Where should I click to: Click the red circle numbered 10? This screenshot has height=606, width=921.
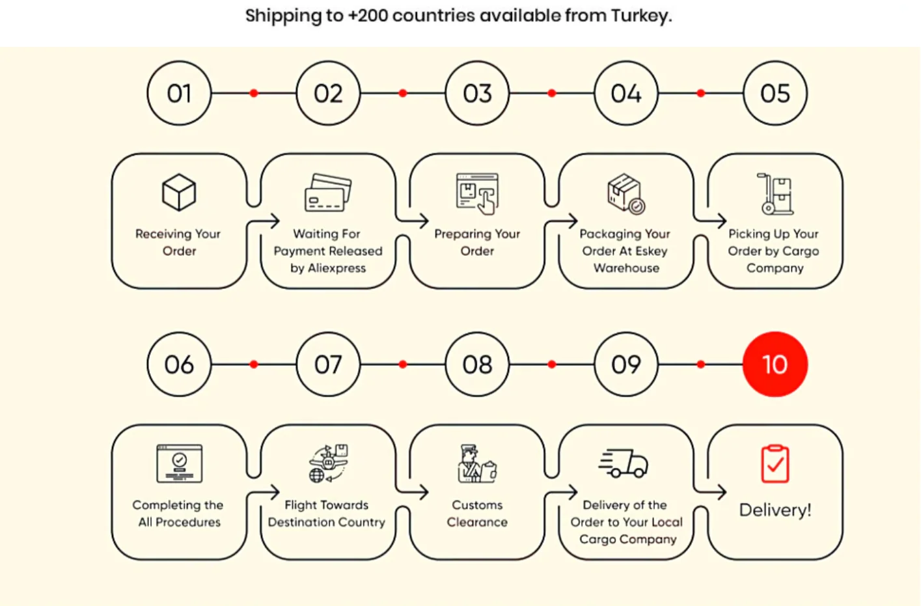click(x=775, y=365)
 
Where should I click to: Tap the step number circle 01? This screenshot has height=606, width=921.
click(x=179, y=94)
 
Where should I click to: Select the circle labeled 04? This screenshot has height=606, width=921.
click(x=626, y=94)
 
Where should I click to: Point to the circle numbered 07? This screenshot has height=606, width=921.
click(x=328, y=365)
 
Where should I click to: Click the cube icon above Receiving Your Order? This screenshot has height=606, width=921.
click(x=179, y=193)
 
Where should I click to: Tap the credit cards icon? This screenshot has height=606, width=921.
click(x=328, y=193)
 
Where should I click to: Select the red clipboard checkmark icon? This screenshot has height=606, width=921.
click(x=775, y=464)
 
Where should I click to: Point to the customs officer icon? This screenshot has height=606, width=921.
click(x=477, y=463)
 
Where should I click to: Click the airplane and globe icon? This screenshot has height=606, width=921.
click(x=328, y=463)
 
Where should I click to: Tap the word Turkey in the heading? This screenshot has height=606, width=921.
click(x=639, y=16)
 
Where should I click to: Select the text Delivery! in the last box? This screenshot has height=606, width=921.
click(x=775, y=510)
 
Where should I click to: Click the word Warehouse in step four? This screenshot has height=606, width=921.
click(x=626, y=268)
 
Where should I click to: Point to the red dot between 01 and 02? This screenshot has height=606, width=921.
click(x=254, y=94)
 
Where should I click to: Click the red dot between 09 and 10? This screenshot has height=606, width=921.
click(x=700, y=365)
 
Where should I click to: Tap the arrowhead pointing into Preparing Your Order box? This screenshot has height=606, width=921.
click(x=424, y=221)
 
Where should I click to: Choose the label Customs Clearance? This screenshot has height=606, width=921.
click(x=477, y=514)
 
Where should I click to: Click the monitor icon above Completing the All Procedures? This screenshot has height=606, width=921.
click(x=179, y=463)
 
